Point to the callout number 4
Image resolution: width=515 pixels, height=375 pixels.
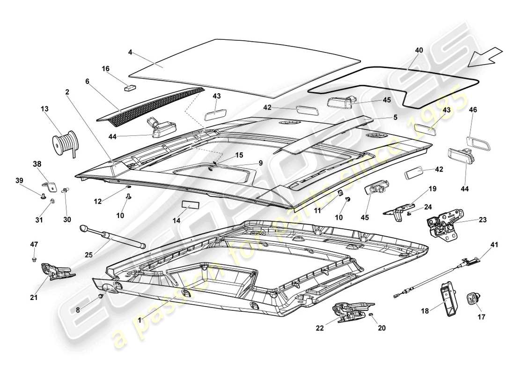[130, 53]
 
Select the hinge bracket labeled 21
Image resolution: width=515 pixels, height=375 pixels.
[56, 270]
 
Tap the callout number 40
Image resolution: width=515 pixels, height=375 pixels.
[419, 50]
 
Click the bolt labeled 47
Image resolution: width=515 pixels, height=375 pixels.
[34, 258]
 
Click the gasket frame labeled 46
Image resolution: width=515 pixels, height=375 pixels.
[478, 143]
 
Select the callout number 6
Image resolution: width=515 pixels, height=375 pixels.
[87, 81]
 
